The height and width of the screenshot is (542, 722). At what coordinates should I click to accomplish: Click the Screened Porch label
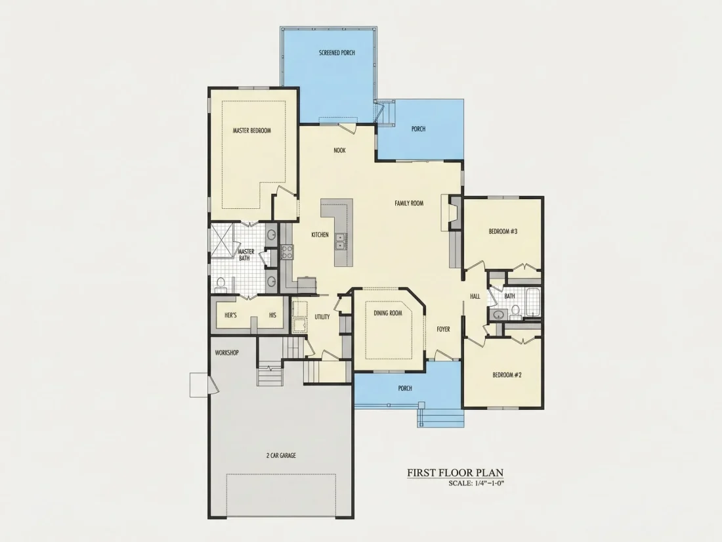pyautogui.click(x=337, y=53)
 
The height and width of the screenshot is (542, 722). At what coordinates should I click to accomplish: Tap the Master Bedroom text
pyautogui.click(x=251, y=131)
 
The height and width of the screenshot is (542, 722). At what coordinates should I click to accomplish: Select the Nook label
pyautogui.click(x=339, y=150)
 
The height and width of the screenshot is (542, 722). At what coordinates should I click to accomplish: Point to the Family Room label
pyautogui.click(x=409, y=203)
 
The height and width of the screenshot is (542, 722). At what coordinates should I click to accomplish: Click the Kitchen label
pyautogui.click(x=320, y=235)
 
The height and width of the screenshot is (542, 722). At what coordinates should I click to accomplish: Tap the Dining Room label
pyautogui.click(x=388, y=313)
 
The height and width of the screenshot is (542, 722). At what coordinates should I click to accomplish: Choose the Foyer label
pyautogui.click(x=444, y=329)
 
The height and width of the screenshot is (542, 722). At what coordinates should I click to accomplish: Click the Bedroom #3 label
pyautogui.click(x=503, y=231)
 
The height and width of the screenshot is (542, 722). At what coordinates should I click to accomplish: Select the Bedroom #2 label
pyautogui.click(x=507, y=374)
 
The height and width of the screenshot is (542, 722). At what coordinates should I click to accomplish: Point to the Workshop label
pyautogui.click(x=226, y=353)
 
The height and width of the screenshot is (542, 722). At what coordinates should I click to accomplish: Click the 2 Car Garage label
pyautogui.click(x=281, y=455)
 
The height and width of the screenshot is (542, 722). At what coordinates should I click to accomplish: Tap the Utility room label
pyautogui.click(x=322, y=317)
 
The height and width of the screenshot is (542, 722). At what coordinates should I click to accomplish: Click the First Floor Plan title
pyautogui.click(x=455, y=473)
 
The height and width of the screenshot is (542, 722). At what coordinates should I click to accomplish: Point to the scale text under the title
pyautogui.click(x=476, y=484)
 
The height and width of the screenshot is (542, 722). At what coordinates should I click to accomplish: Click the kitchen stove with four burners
pyautogui.click(x=287, y=252)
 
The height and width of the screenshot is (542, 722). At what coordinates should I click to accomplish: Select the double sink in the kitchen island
pyautogui.click(x=341, y=241)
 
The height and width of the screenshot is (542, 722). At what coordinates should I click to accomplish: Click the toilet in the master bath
pyautogui.click(x=220, y=284)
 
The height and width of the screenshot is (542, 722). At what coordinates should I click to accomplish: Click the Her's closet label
pyautogui.click(x=230, y=315)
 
